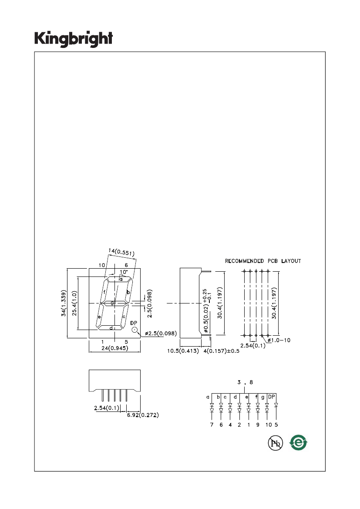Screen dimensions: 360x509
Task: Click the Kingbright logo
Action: [74, 39]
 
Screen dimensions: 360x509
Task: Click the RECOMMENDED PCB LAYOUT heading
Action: [263, 261]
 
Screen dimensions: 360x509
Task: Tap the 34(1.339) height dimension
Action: [64, 303]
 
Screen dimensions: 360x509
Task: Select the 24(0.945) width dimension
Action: [114, 348]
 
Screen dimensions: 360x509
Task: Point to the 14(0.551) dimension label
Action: [121, 252]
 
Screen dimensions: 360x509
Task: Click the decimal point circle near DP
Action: [135, 330]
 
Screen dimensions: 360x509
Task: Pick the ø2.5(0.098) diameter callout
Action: [161, 334]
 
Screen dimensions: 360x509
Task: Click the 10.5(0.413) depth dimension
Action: [183, 351]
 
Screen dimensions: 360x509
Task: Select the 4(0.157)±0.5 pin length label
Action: [222, 351]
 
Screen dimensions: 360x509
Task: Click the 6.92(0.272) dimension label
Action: [143, 415]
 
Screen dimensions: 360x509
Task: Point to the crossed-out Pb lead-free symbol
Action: [275, 443]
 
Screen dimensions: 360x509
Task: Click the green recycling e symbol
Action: [298, 442]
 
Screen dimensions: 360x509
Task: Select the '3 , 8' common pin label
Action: [245, 382]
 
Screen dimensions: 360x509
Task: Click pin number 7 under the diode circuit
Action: [212, 425]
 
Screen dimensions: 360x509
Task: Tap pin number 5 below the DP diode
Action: [276, 425]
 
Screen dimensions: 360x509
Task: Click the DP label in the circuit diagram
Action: [271, 397]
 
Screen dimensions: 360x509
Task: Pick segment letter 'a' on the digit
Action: [121, 279]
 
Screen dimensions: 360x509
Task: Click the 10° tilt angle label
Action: [124, 272]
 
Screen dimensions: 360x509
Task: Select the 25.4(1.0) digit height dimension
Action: [74, 303]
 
